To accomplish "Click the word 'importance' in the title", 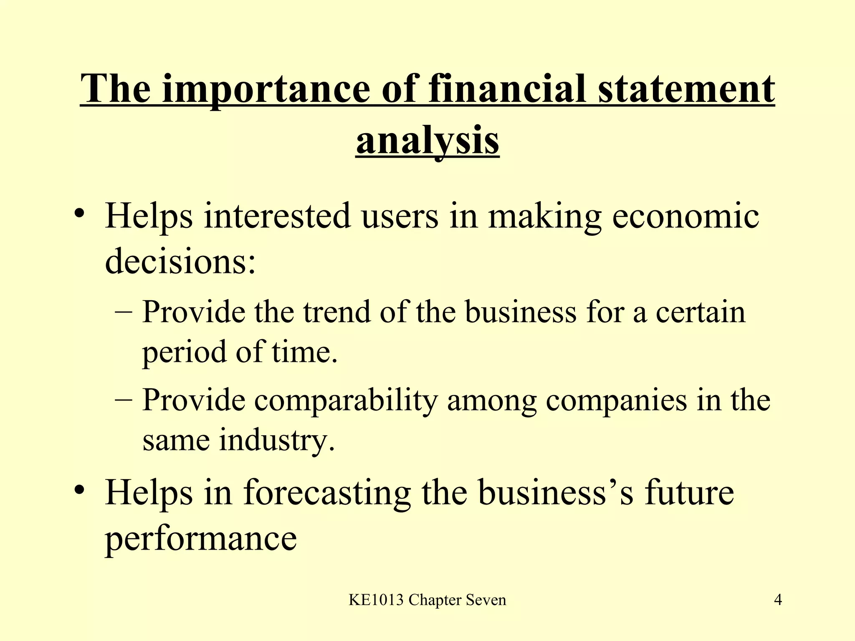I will coord(266,89).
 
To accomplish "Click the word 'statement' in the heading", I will coord(686,89).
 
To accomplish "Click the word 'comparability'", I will coord(346,401).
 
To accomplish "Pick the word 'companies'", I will coord(616,401).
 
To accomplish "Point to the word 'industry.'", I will coord(277,440).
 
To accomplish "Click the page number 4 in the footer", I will coord(778,600).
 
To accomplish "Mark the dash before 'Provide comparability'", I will coord(123,400).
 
